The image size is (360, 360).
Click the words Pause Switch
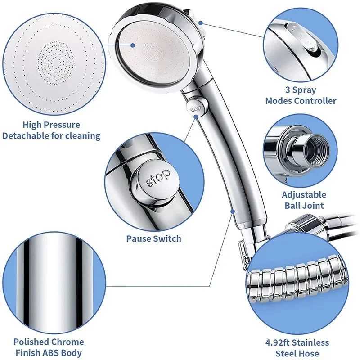153,238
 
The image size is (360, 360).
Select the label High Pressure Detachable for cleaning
51,130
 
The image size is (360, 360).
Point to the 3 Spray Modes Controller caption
301,95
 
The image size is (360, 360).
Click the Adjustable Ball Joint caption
304,200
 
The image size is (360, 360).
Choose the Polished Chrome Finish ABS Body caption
48,347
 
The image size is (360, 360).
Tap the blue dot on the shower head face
134,45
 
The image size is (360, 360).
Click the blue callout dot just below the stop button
196,117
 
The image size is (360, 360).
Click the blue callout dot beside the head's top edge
200,22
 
